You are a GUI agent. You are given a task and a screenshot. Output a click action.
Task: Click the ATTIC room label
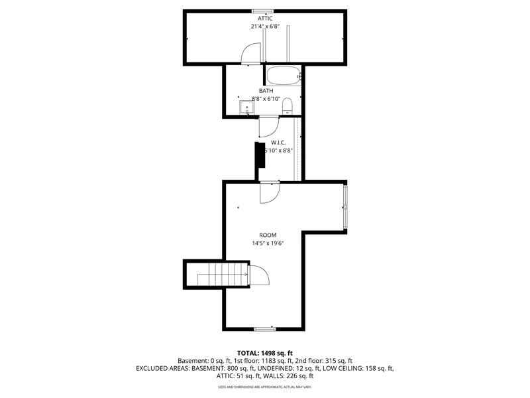pos(265,19)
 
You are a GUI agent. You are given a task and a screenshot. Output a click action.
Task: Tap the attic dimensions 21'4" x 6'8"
pos(265,27)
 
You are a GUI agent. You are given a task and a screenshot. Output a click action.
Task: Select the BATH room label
pos(266,91)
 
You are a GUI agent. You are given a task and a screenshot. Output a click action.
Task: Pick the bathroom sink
pos(246,107)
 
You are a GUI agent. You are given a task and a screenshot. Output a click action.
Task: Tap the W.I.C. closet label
pos(278,142)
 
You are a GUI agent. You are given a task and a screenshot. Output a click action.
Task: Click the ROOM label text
pos(268,235)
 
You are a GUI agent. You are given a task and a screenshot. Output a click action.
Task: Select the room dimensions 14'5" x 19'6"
pos(268,243)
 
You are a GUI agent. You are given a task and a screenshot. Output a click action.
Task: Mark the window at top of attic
pos(263,11)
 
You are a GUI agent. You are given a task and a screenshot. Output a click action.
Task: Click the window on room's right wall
pos(344,206)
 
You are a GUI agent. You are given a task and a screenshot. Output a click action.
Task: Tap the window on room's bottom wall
pos(265,328)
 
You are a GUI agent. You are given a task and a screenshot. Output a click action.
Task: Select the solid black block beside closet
pos(260,161)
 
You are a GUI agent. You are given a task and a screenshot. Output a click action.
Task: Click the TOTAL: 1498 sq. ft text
pos(265,353)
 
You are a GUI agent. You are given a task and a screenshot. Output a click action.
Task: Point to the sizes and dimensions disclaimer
pos(265,387)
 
